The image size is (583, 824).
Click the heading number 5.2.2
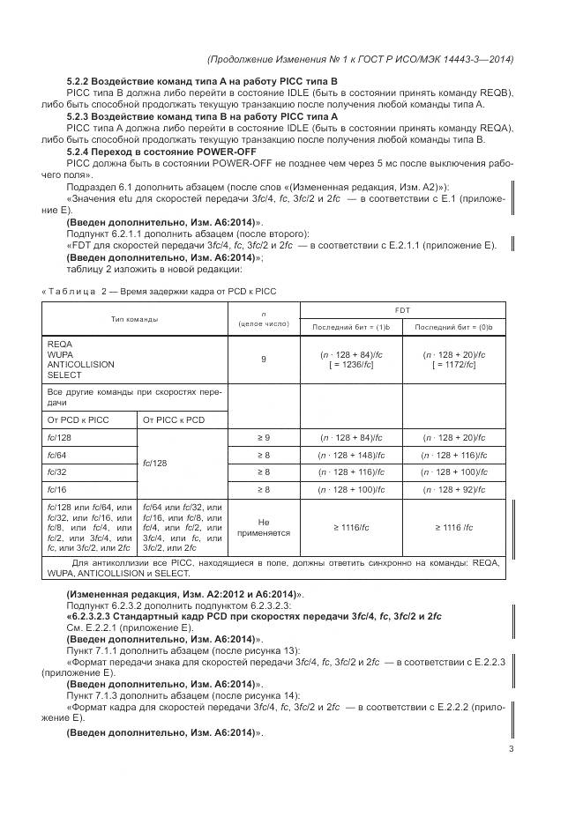(81, 81)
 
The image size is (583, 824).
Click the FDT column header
(403, 310)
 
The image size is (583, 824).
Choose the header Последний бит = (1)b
(351, 327)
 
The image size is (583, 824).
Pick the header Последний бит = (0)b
(454, 327)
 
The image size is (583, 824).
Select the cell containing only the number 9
(264, 360)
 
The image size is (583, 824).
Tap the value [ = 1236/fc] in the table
(351, 365)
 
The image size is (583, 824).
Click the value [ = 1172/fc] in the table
(454, 365)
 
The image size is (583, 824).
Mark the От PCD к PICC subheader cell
(78, 419)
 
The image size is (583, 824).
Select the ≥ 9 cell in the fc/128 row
(264, 437)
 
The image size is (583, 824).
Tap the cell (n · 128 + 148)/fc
(351, 454)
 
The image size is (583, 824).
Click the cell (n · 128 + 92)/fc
(454, 487)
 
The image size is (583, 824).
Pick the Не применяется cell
(264, 527)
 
